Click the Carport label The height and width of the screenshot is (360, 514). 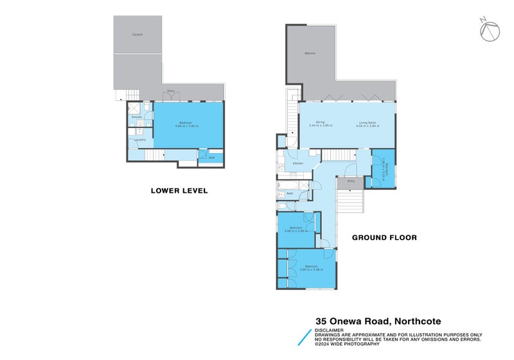137,34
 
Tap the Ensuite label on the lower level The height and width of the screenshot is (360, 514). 136,116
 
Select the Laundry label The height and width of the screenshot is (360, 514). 139,140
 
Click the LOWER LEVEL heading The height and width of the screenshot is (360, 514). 179,190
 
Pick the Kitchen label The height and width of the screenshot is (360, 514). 297,163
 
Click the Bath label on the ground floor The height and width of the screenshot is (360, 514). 290,193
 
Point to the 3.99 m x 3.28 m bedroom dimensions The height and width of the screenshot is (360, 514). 312,269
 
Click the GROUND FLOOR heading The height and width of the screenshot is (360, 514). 384,237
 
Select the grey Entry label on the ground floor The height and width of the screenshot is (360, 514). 351,181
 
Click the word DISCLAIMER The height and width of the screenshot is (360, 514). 329,330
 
